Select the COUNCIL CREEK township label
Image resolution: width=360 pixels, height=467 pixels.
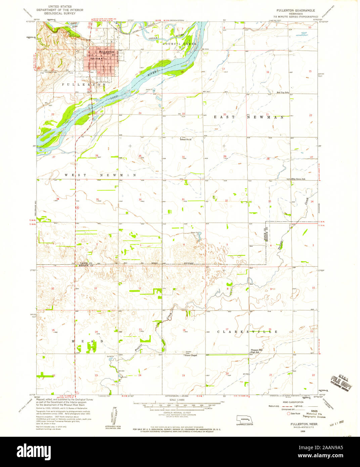tap(180, 44)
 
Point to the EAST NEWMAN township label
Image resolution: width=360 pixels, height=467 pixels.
tap(249, 117)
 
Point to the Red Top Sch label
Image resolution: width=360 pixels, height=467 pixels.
tap(283, 92)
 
